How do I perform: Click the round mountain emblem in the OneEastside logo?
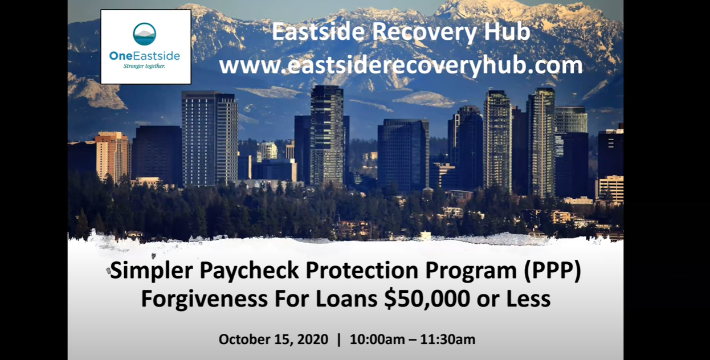(x=145, y=34)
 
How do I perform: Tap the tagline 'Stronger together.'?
(x=144, y=66)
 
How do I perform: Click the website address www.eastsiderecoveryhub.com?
(x=401, y=66)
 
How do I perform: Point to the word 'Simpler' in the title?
(x=151, y=271)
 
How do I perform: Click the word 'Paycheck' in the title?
(x=249, y=271)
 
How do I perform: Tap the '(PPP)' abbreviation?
(x=553, y=271)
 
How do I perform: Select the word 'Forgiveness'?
(x=204, y=299)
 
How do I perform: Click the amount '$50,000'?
(x=427, y=299)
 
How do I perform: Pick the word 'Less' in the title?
(x=528, y=298)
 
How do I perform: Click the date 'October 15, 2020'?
(x=273, y=339)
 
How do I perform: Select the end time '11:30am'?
(x=448, y=339)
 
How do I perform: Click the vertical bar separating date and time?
(x=339, y=339)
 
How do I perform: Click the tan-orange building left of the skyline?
(x=112, y=157)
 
